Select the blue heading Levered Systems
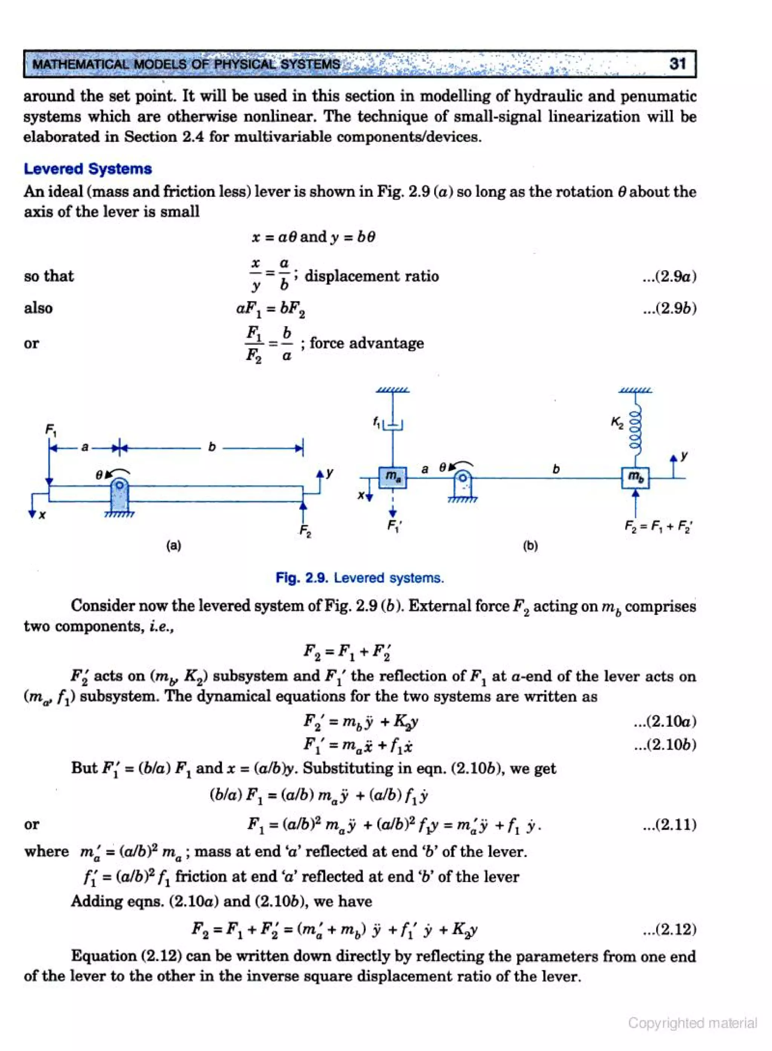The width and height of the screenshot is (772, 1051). (88, 169)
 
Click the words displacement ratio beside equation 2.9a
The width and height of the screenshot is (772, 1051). (372, 276)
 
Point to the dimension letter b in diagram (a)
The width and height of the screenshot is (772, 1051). (212, 447)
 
